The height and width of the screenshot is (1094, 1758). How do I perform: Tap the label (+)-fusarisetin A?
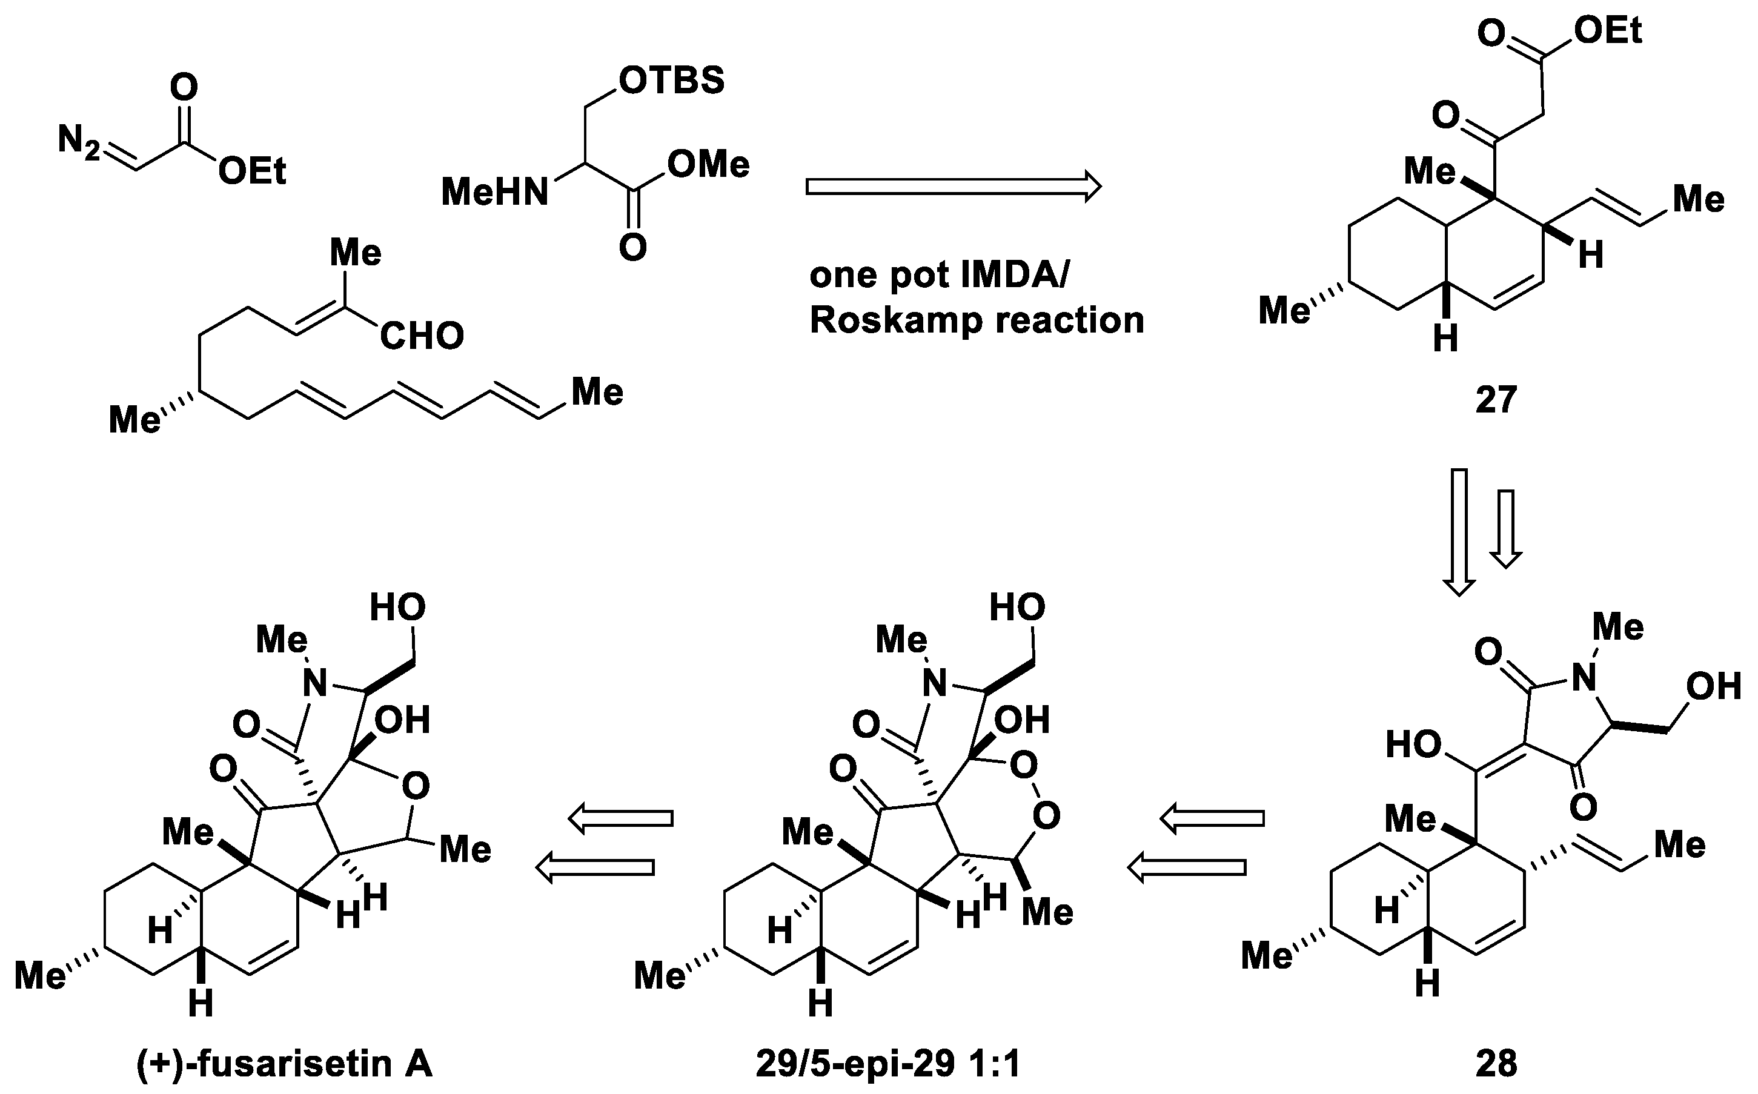click(x=284, y=1064)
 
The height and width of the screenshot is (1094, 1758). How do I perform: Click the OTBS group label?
click(x=671, y=81)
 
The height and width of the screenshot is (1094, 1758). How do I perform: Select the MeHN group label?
click(x=495, y=193)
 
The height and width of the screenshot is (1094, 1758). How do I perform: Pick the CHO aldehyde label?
click(x=422, y=336)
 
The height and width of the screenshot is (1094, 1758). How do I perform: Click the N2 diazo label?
click(x=79, y=140)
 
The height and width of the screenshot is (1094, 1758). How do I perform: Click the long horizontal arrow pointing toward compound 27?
click(x=954, y=187)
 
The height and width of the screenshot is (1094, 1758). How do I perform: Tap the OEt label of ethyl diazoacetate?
click(x=253, y=171)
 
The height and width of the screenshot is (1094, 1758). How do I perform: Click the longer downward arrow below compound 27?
click(x=1459, y=532)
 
